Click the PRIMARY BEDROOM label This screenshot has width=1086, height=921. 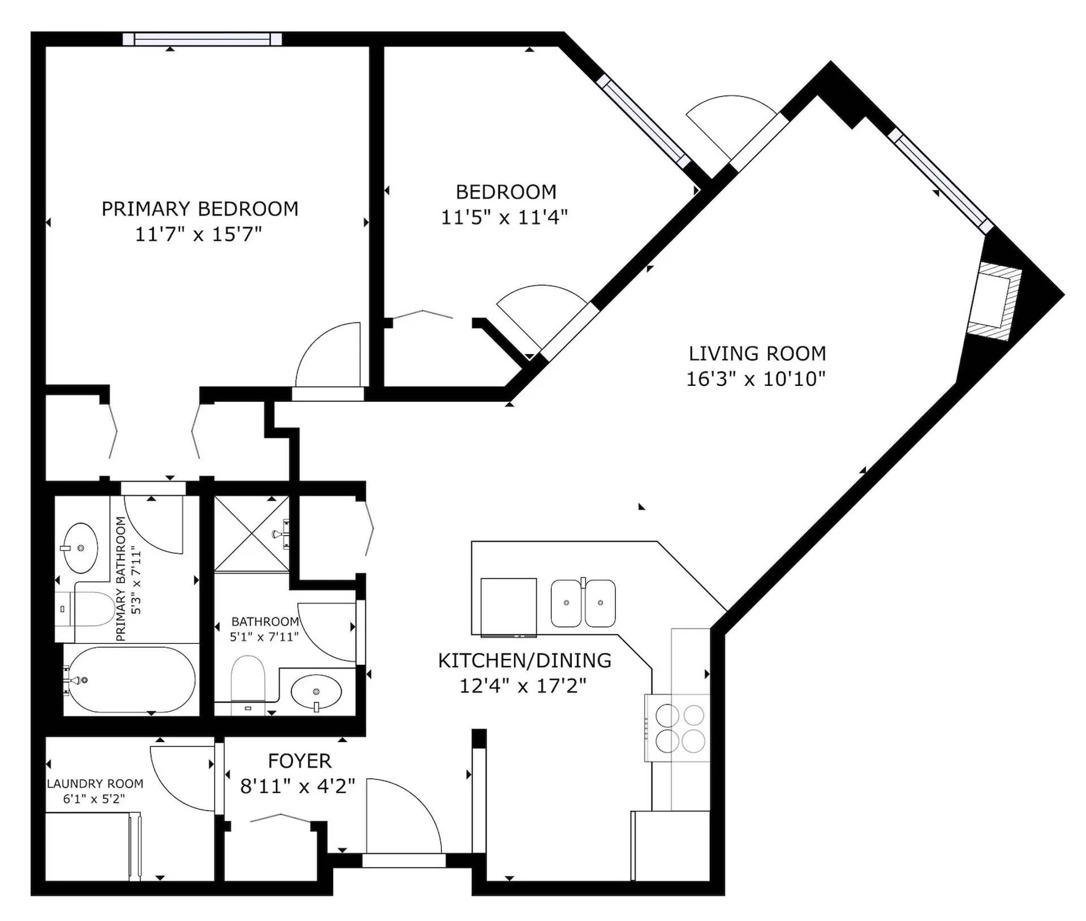click(200, 209)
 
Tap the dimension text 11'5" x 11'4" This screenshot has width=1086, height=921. click(504, 217)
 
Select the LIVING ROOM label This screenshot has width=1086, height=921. click(757, 354)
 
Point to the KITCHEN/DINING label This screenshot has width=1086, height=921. click(524, 660)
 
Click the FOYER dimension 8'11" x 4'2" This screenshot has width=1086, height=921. click(298, 786)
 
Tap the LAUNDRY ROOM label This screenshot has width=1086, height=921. click(95, 784)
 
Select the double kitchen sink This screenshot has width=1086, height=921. click(583, 603)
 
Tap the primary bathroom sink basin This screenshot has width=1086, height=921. click(80, 548)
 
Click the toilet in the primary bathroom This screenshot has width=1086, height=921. click(86, 609)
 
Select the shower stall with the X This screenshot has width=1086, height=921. click(252, 534)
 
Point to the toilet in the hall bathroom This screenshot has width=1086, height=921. click(248, 682)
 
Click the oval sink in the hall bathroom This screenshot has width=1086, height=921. click(316, 692)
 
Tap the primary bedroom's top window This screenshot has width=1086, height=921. click(202, 39)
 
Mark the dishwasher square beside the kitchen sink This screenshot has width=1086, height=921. click(508, 606)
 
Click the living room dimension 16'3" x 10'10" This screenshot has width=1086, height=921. click(756, 379)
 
